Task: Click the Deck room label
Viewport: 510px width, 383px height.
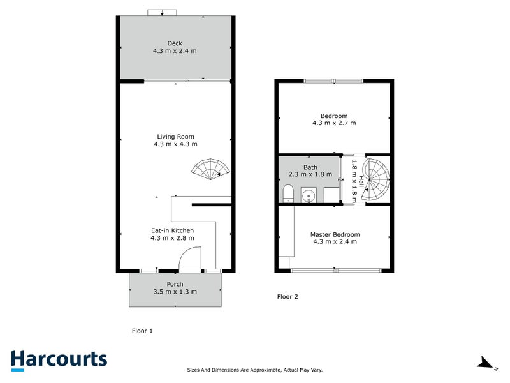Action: [x=175, y=43]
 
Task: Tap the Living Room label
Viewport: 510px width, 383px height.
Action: [x=175, y=136]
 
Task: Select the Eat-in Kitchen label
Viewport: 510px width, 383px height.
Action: [x=172, y=230]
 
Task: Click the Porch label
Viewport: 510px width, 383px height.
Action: [x=175, y=284]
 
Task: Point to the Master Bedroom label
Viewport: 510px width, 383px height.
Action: [x=335, y=234]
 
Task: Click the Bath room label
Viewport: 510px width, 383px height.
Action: [x=310, y=167]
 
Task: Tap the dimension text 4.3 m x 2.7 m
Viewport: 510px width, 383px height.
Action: [x=334, y=123]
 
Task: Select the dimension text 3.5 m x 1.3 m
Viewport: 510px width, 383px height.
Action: [x=175, y=292]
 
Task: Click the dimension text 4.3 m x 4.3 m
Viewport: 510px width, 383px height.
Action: [x=175, y=144]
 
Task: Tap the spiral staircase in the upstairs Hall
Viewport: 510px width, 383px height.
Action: [x=375, y=181]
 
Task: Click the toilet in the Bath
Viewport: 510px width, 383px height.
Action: [x=287, y=193]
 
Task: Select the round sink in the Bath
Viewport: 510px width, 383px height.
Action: [x=309, y=195]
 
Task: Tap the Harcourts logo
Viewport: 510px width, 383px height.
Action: [x=59, y=359]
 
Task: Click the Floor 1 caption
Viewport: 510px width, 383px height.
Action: [x=142, y=331]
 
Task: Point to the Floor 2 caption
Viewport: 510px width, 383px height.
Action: [x=288, y=296]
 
